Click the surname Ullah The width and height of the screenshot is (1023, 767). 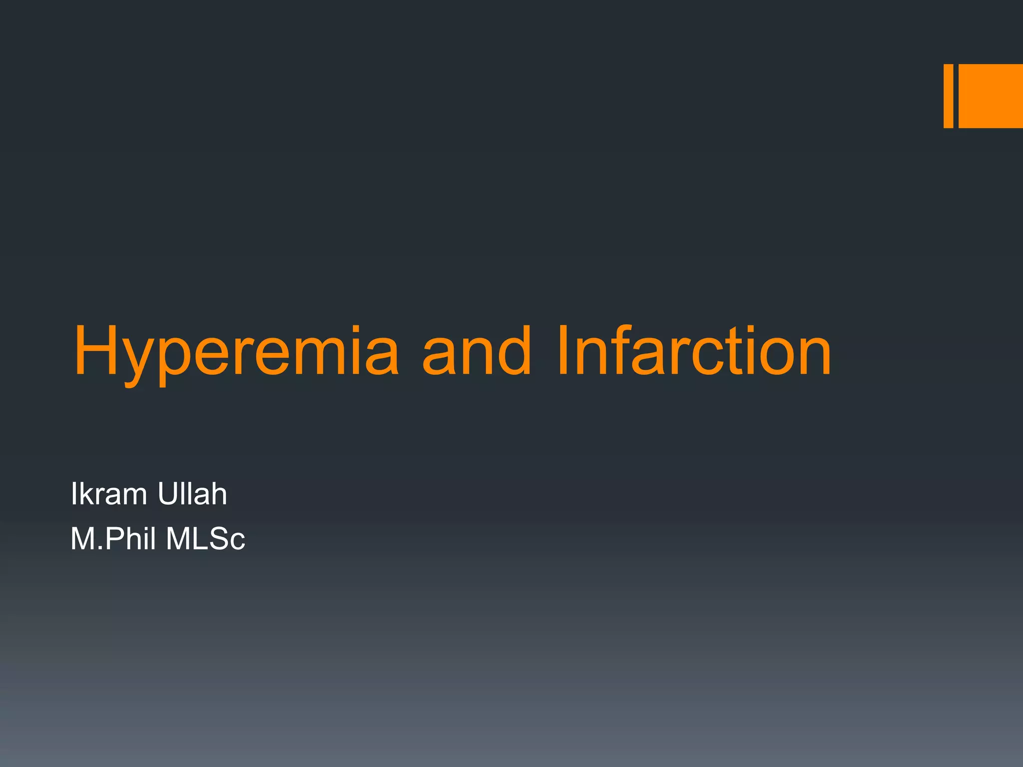[192, 494]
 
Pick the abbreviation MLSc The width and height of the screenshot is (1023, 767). [205, 539]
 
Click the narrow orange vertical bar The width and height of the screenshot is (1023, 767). [948, 96]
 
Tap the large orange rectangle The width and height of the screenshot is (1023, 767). [991, 96]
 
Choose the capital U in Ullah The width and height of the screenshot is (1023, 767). [168, 494]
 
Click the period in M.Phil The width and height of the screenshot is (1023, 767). [100, 549]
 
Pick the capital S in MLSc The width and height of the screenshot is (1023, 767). [219, 539]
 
